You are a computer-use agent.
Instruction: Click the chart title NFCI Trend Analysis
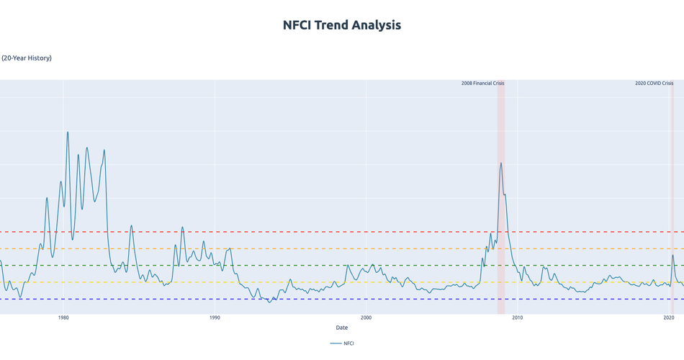click(342, 25)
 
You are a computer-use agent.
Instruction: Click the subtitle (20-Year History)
click(27, 58)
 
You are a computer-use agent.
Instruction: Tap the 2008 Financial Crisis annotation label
click(482, 84)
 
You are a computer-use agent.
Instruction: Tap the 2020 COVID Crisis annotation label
click(654, 84)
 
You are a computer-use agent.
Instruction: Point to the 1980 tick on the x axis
click(63, 318)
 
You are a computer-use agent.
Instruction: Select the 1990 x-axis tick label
click(215, 318)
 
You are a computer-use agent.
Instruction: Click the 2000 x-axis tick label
click(366, 318)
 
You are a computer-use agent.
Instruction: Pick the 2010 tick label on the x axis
click(517, 318)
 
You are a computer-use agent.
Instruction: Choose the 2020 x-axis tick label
click(668, 318)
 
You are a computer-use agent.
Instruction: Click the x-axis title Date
click(342, 328)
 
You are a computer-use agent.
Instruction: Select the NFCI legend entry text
click(348, 343)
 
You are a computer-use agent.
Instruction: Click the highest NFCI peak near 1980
click(68, 132)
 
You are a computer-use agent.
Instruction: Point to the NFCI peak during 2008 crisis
click(500, 163)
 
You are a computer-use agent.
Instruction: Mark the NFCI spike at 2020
click(672, 256)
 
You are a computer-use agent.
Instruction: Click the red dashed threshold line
click(288, 232)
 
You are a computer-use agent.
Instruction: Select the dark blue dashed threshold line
click(288, 299)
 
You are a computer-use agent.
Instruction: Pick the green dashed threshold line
click(288, 266)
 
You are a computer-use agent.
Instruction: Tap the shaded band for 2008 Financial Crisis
click(501, 216)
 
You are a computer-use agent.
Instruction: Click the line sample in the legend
click(336, 343)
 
